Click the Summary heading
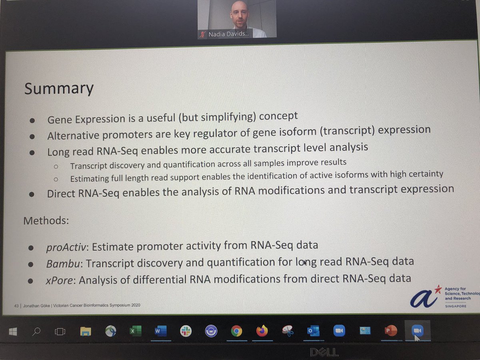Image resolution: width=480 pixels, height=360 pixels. coord(58,88)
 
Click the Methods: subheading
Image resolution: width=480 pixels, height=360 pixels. coord(46,220)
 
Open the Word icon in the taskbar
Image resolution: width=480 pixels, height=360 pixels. coord(159,332)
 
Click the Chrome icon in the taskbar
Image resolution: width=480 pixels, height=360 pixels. coord(236,331)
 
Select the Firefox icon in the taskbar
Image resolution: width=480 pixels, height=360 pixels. coord(262,331)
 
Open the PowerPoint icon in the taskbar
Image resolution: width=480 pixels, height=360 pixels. coord(390,330)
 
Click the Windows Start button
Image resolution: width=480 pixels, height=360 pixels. coord(12,332)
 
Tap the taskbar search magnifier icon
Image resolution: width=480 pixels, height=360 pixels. coord(37,332)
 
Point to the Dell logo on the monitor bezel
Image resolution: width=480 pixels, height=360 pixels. coord(324,352)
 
